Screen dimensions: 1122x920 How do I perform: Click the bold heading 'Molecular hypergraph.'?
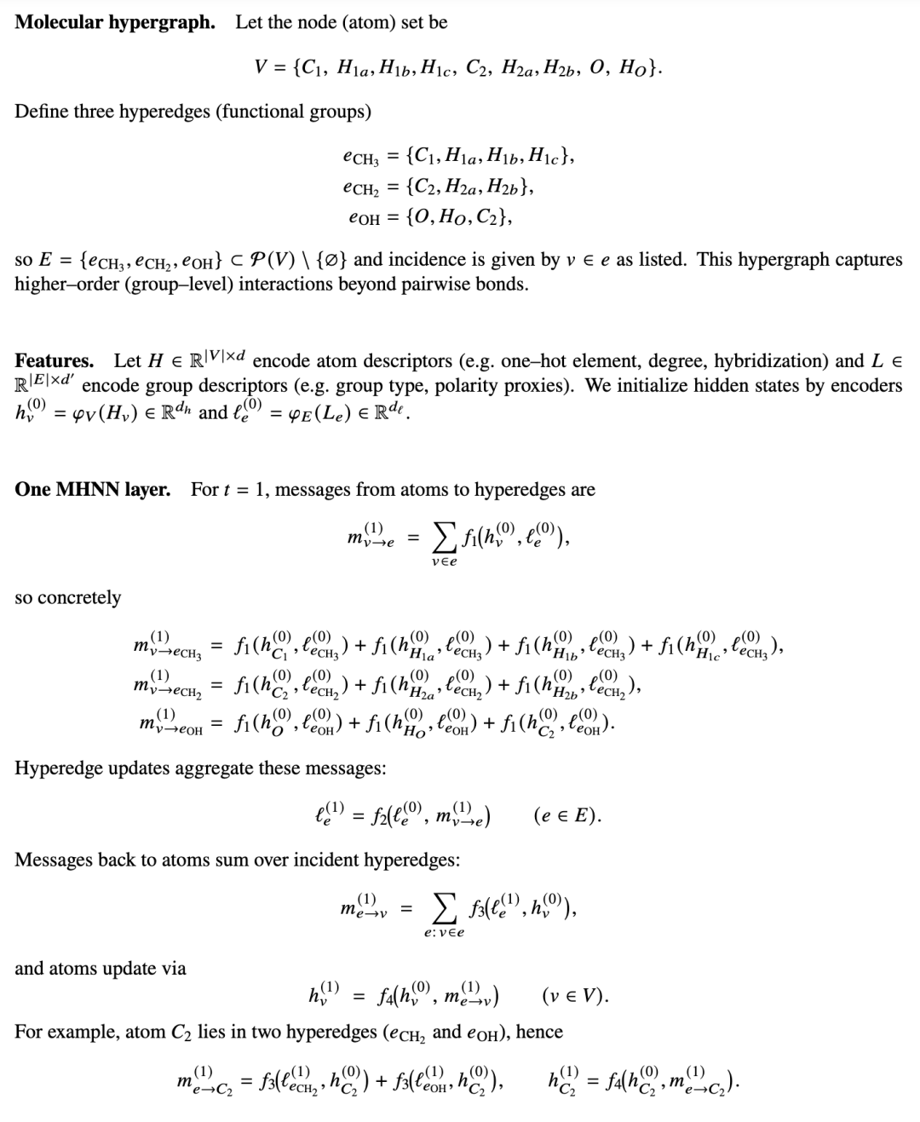coord(115,22)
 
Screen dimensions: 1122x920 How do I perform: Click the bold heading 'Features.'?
coord(55,360)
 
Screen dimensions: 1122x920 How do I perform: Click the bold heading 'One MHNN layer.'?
coord(92,490)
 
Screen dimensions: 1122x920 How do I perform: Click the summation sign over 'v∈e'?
coord(443,538)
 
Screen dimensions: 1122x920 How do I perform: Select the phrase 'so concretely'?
coord(67,597)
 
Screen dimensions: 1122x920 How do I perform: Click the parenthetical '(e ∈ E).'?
coord(567,816)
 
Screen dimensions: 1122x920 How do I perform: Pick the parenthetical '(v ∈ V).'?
coord(575,995)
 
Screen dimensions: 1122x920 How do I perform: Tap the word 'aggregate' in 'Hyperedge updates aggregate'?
coord(213,768)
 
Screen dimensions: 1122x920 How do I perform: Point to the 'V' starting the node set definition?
coord(263,66)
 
